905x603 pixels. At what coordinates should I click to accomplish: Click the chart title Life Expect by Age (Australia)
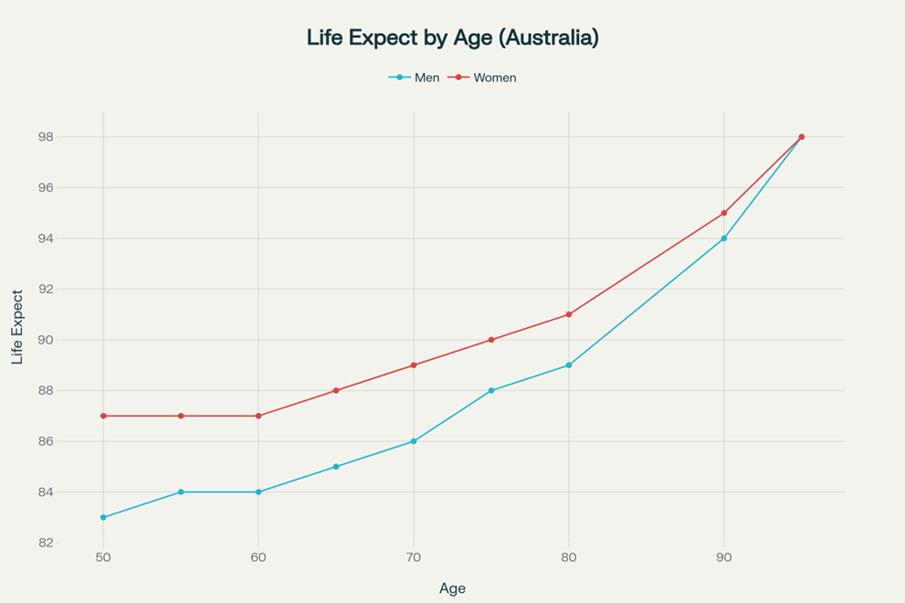point(452,37)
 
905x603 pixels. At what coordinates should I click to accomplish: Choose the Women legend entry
point(494,78)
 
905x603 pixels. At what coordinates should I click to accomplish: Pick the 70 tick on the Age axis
point(414,556)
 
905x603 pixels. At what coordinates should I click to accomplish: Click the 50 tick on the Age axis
point(103,556)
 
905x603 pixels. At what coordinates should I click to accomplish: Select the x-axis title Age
point(452,588)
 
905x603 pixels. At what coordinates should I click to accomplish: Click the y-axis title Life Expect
point(18,327)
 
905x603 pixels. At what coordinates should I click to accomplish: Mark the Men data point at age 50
point(103,517)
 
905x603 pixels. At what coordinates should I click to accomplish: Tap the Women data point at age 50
point(103,416)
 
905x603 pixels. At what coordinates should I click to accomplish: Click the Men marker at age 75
point(491,390)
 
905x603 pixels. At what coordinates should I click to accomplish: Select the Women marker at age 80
point(569,314)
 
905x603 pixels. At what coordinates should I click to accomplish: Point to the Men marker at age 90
point(724,238)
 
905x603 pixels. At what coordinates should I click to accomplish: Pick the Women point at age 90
point(724,213)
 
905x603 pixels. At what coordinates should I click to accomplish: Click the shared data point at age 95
point(802,137)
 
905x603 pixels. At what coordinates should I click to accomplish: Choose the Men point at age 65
point(336,467)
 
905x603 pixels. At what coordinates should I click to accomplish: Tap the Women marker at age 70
point(414,365)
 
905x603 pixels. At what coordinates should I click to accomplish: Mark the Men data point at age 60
point(258,492)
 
